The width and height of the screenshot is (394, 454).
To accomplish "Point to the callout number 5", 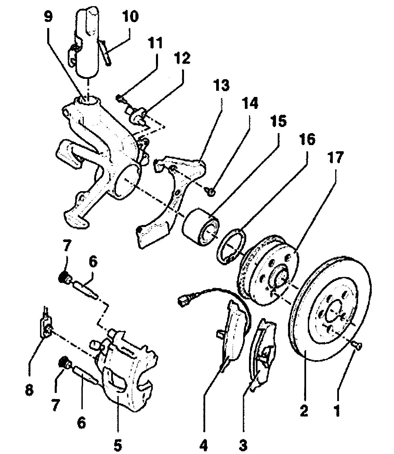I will point(117,445).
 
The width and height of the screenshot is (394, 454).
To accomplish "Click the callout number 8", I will point(29,390).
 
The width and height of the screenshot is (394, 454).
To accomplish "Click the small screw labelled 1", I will point(357,346).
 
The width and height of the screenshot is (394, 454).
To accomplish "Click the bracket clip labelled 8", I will point(46,328).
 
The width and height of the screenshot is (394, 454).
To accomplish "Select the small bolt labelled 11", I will point(121,99).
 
